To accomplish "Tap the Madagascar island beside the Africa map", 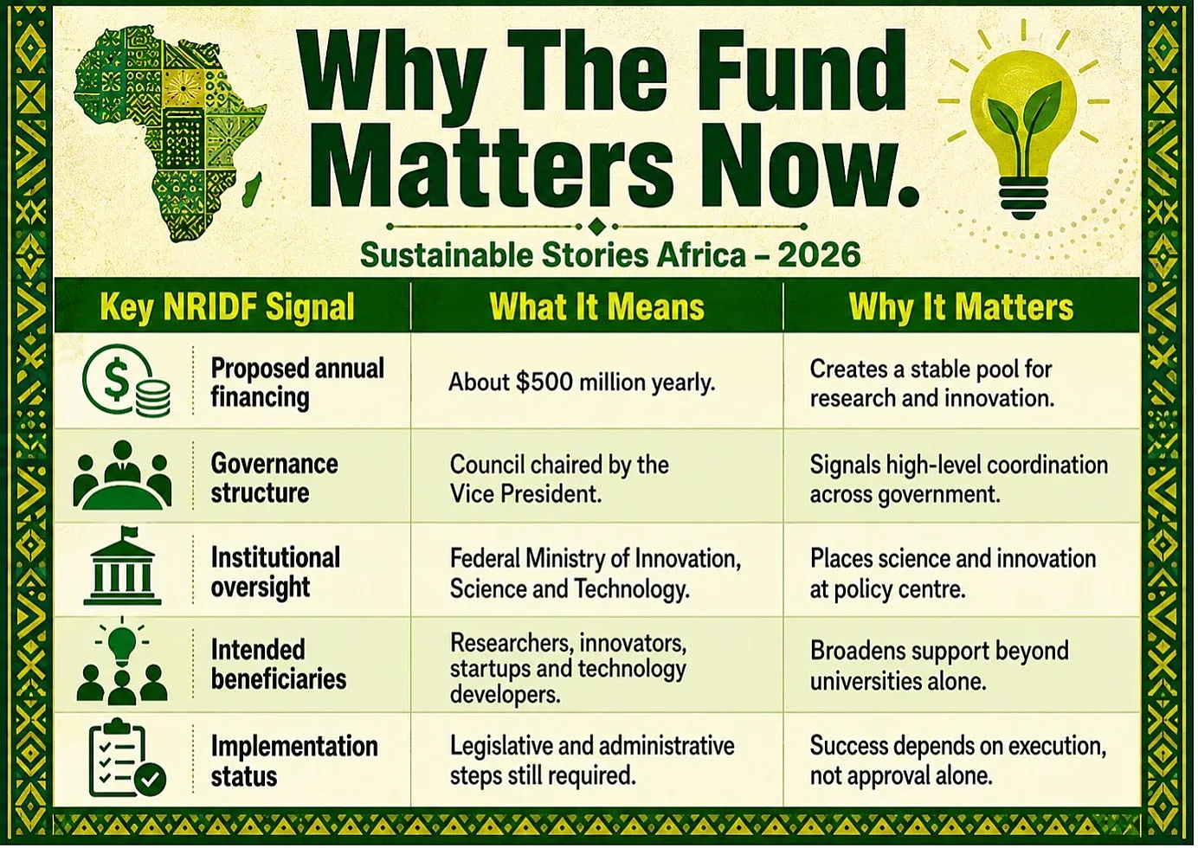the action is click(252, 190).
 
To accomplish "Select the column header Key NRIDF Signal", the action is click(228, 307).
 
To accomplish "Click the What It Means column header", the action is click(597, 307).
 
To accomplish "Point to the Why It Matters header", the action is click(961, 307).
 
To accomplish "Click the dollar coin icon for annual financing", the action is click(126, 381).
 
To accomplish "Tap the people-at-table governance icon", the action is click(122, 474).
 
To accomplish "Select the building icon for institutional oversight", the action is click(122, 566).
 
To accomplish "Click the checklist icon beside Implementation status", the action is click(126, 758).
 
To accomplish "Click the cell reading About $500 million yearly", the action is click(582, 382).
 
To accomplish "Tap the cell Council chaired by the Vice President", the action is click(559, 479).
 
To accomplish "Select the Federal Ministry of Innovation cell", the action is click(596, 574).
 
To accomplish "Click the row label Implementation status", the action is click(294, 761).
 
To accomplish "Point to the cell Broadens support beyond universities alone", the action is click(940, 665).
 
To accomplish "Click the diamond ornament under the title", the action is click(597, 227).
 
